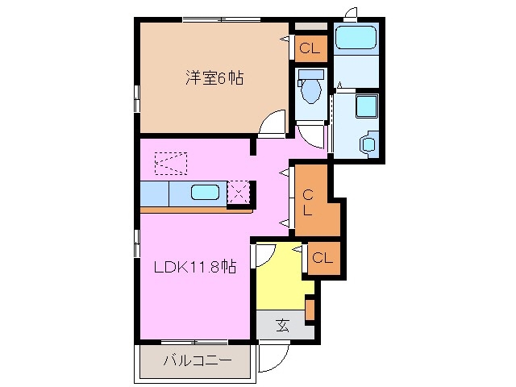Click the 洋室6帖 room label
(x=215, y=79)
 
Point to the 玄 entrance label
(x=282, y=326)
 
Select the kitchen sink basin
(x=205, y=193)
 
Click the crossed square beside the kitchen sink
(x=239, y=192)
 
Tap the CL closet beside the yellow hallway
(x=322, y=258)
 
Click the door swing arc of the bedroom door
(x=273, y=125)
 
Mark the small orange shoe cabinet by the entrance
(x=310, y=310)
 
